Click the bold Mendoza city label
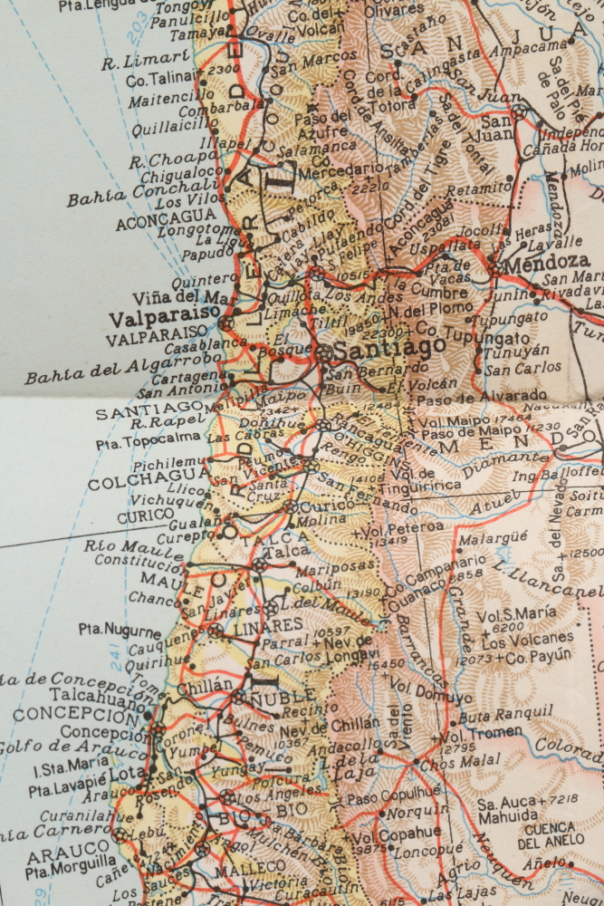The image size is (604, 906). [540, 266]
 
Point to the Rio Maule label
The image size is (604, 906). [122, 545]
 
